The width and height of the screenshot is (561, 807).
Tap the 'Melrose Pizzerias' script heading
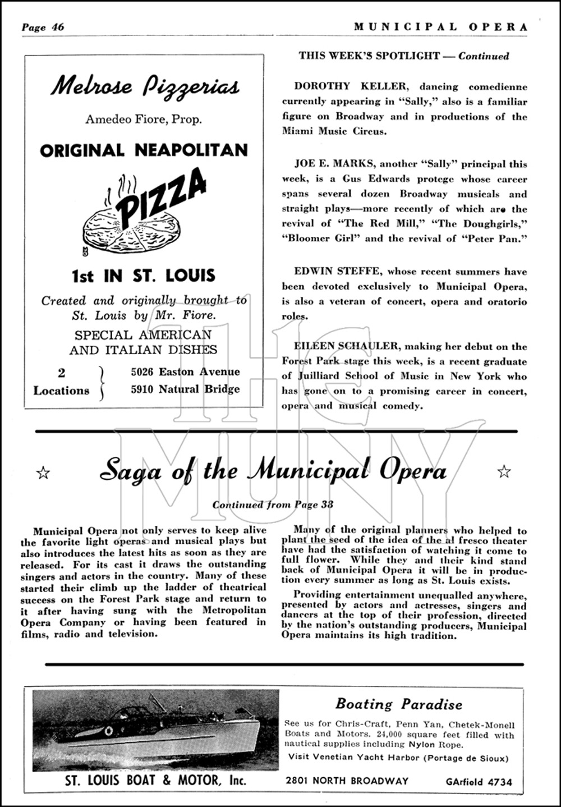coord(145,86)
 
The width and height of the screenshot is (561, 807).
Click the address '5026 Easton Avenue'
coord(185,372)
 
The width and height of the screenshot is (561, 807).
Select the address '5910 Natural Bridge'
coord(185,389)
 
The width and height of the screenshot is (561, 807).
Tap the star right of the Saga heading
coord(504,471)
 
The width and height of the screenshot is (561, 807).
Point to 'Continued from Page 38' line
coord(273,504)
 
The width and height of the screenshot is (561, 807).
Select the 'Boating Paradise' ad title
coord(399,704)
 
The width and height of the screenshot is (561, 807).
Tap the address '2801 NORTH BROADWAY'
coord(347,781)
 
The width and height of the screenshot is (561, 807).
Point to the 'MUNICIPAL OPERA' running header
coord(440,27)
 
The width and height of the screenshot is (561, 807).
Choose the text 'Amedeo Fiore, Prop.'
coord(144,119)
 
